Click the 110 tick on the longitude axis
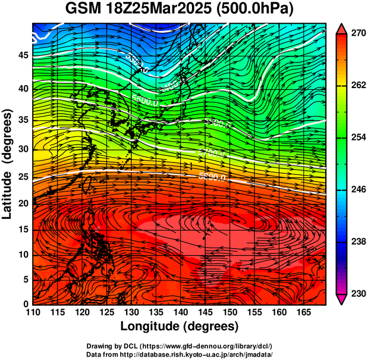33,312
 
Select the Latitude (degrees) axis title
8,164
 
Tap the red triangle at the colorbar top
341,28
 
